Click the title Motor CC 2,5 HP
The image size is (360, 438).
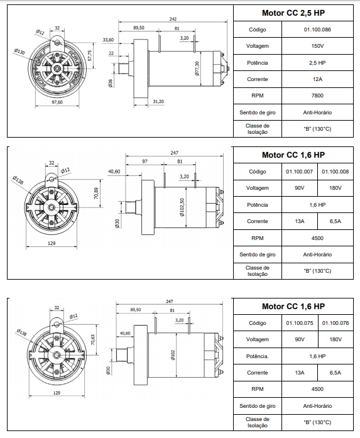click(x=293, y=13)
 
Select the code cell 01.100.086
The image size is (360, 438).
click(x=317, y=30)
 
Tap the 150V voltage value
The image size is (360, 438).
click(x=317, y=46)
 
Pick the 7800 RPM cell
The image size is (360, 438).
click(x=317, y=96)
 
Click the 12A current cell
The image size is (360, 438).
click(x=317, y=79)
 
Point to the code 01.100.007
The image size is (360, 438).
click(x=300, y=172)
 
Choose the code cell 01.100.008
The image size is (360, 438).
click(x=335, y=172)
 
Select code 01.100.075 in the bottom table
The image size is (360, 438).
click(x=300, y=323)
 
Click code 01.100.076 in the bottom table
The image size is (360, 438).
click(x=335, y=323)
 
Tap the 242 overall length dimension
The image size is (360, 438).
click(x=173, y=19)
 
